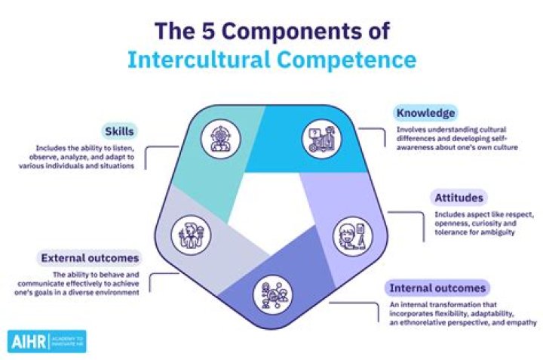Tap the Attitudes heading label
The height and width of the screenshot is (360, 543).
pos(458,198)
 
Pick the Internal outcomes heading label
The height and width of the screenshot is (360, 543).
pos(437,288)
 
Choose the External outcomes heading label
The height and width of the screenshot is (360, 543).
pos(94,258)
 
